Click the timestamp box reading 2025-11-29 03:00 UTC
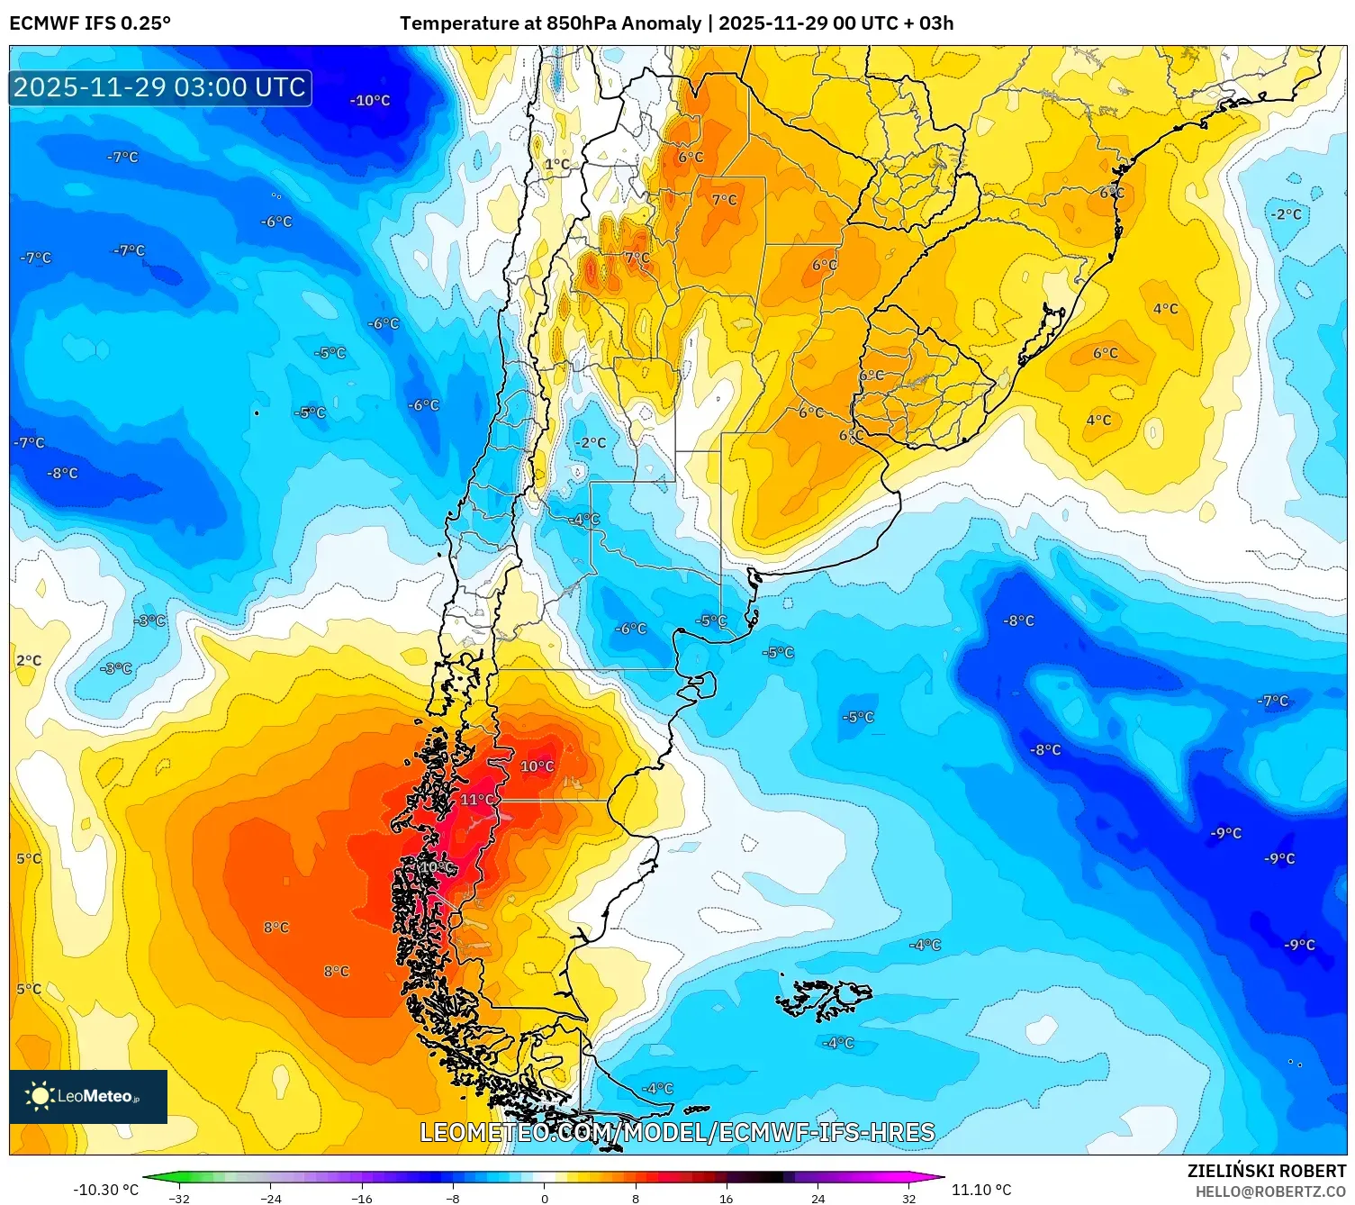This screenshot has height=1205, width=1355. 160,87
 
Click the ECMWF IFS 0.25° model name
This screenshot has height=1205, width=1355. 90,23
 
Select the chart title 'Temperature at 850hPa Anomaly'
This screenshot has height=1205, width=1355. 550,23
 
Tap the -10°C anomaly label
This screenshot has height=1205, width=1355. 370,101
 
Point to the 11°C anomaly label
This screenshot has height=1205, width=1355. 478,800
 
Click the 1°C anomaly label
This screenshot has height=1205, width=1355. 557,164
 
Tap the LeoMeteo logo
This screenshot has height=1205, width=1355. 88,1096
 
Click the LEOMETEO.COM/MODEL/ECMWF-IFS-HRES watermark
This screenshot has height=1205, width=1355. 677,1132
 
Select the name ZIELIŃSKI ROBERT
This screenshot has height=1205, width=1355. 1266,1171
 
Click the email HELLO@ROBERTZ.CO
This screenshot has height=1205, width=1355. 1270,1191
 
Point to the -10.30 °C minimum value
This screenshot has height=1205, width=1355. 105,1190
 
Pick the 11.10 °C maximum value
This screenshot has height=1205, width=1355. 981,1190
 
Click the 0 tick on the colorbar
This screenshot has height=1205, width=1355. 544,1199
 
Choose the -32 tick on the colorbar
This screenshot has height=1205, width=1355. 179,1199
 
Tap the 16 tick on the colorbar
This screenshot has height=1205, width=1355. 726,1199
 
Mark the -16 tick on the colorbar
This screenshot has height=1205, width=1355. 361,1199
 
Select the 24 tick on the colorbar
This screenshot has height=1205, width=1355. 818,1199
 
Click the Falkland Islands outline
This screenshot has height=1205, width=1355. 824,998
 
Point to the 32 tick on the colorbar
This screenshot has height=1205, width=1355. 908,1199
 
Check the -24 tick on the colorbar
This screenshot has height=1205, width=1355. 270,1199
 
